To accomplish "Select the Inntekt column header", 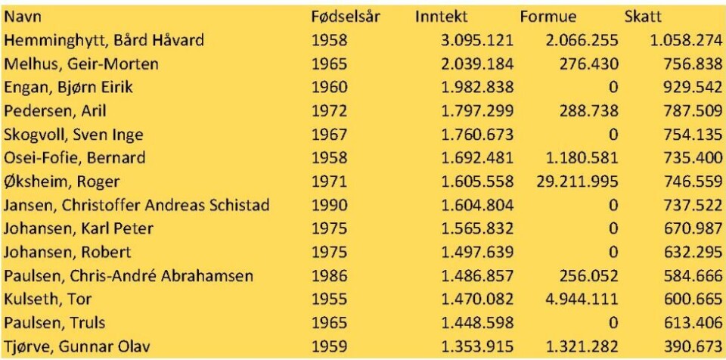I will (442, 17).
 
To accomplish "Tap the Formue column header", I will (548, 17).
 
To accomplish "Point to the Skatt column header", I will (643, 17).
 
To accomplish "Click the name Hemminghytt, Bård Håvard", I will (104, 40).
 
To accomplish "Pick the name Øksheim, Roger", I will (62, 182).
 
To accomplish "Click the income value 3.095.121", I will (477, 40).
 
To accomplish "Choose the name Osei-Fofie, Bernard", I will (74, 158).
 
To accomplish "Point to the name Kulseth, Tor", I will (48, 299).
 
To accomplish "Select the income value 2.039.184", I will (477, 64).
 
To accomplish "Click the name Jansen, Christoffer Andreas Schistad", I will (137, 205).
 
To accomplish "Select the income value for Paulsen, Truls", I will (477, 324).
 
